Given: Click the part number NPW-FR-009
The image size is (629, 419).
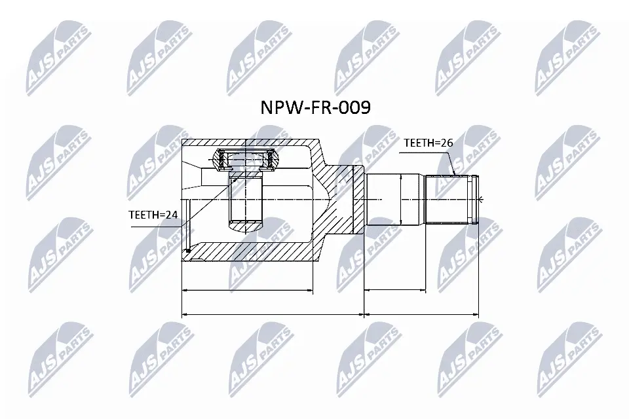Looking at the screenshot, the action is tap(315, 107).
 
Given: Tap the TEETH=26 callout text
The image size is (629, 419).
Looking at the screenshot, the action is tap(428, 143).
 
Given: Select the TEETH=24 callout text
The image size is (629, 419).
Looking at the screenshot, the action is tap(153, 215).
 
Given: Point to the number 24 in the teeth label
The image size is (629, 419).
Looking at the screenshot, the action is tap(171, 215).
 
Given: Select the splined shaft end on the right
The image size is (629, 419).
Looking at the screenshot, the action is tap(451, 199).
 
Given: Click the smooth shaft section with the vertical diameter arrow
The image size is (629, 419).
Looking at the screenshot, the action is tap(394, 199).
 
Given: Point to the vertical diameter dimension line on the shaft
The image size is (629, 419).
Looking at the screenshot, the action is tap(401, 199).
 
